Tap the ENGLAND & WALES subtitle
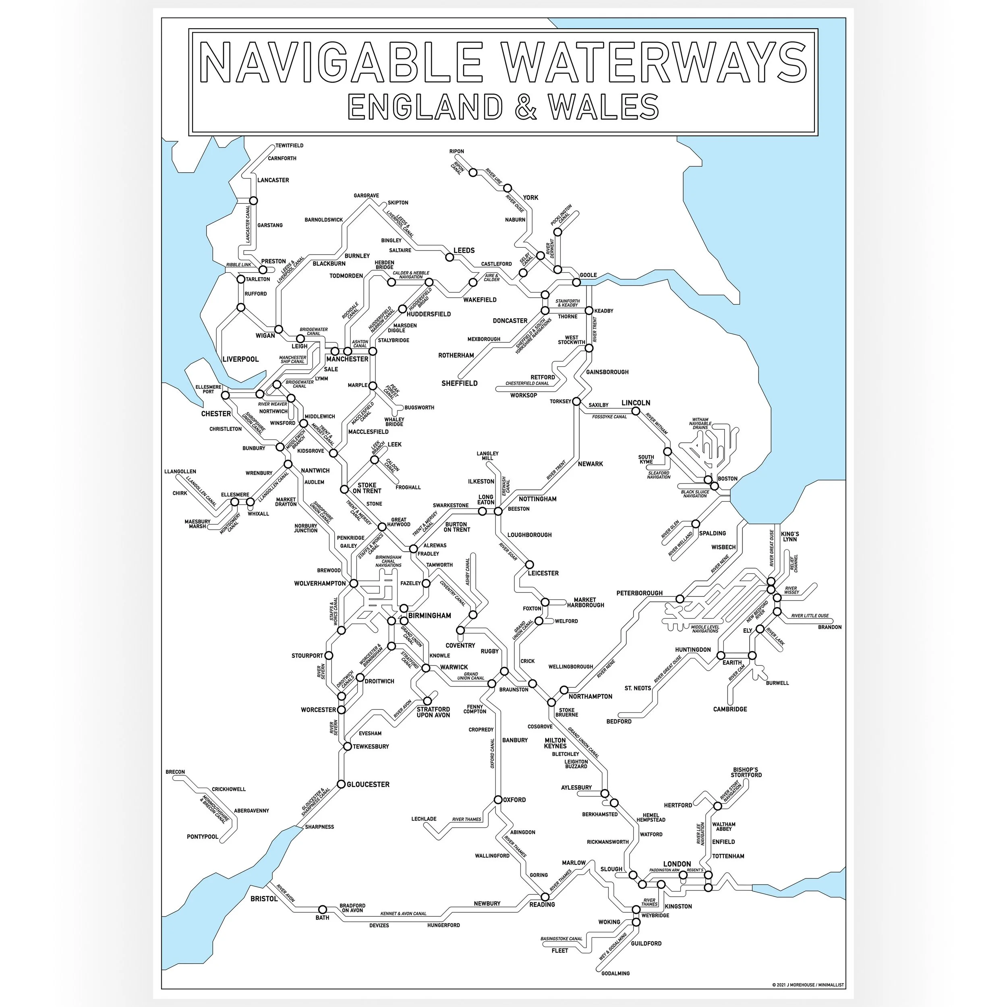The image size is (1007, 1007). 503,107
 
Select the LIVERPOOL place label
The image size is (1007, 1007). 240,359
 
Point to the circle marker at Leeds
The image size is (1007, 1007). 449,257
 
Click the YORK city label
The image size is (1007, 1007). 530,197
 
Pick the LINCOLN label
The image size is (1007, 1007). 636,402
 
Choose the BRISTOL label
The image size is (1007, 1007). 264,899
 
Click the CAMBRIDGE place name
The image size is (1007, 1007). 730,709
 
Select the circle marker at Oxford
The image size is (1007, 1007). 498,800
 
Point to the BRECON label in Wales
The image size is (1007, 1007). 175,772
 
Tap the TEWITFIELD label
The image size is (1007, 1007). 289,145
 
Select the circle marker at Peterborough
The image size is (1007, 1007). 680,599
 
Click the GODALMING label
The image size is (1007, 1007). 615,973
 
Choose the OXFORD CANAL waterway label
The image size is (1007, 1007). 492,753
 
